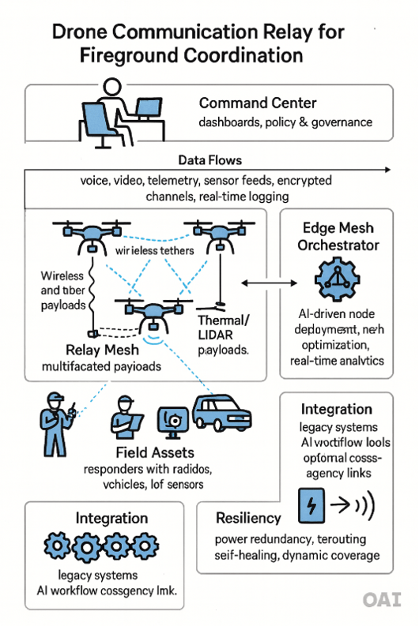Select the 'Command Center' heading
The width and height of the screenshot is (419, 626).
pyautogui.click(x=258, y=103)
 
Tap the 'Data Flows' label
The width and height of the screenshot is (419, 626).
pyautogui.click(x=209, y=159)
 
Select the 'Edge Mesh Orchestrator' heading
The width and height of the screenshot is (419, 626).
pyautogui.click(x=338, y=236)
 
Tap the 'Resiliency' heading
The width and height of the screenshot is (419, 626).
pyautogui.click(x=248, y=519)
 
